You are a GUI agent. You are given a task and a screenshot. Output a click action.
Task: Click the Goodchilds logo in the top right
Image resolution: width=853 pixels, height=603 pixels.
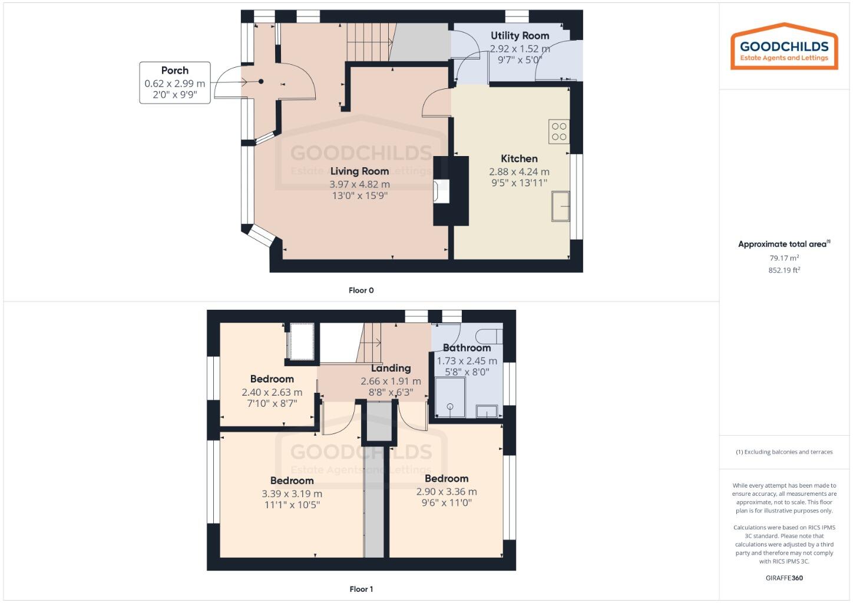click(x=783, y=47)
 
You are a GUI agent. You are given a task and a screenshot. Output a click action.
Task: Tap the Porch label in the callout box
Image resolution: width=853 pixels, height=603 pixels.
click(x=175, y=71)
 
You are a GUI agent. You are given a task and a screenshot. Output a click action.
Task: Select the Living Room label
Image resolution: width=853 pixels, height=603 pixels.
click(x=359, y=171)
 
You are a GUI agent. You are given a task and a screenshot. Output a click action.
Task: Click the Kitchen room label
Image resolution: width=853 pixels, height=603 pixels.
click(x=519, y=158)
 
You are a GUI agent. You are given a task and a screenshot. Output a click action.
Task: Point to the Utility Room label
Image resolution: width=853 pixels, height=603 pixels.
click(x=520, y=36)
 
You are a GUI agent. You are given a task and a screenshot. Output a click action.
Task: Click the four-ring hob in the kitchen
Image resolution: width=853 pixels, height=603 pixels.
click(x=559, y=132)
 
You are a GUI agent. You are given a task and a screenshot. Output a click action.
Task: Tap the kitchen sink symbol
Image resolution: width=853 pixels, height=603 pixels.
click(x=561, y=206)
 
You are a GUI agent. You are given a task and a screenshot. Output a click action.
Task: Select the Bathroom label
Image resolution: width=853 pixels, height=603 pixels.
click(x=467, y=347)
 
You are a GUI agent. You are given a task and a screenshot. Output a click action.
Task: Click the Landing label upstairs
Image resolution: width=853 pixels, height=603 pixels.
click(x=391, y=368)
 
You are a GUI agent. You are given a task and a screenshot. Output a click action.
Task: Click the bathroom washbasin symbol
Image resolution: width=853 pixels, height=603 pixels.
click(x=487, y=411)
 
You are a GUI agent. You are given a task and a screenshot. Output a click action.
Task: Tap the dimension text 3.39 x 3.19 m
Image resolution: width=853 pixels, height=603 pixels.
click(x=292, y=493)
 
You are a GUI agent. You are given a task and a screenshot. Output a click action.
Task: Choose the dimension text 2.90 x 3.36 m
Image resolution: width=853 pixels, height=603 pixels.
click(x=447, y=492)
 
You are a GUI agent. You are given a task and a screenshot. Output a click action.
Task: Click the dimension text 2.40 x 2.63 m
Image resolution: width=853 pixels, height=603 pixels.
click(x=272, y=392)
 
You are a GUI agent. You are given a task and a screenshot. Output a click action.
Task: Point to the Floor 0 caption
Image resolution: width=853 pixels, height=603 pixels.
click(x=361, y=290)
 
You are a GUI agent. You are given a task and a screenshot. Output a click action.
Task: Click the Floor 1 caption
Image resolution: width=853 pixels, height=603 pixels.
click(x=361, y=589)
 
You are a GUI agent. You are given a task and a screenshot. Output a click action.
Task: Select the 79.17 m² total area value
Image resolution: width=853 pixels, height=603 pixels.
click(x=784, y=258)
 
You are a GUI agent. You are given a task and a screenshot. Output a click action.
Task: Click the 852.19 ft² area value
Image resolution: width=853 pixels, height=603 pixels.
click(x=784, y=270)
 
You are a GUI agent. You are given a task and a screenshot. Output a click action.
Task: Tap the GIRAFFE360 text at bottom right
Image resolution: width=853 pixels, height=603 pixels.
click(x=784, y=578)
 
